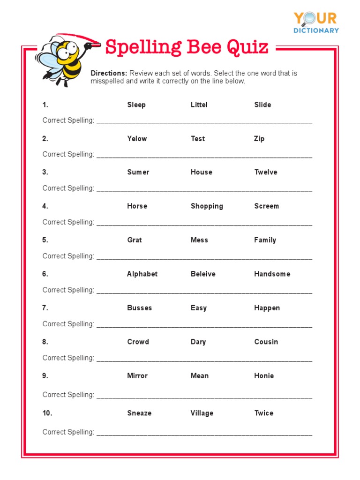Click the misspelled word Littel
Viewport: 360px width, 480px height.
pos(199,105)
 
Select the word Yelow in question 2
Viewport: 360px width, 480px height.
pos(137,138)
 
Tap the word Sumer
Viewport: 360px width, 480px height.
pos(138,172)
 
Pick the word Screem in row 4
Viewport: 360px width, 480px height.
pos(266,206)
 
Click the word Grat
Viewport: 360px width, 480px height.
pos(134,240)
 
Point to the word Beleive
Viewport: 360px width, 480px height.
pos(203,274)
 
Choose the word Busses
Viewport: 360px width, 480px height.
pos(139,307)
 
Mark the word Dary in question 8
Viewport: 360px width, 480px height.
pos(198,342)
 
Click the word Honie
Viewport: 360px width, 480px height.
pos(264,375)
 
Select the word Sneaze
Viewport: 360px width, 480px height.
pos(139,413)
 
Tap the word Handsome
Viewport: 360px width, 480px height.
pos(272,274)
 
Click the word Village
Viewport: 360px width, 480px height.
pos(202,413)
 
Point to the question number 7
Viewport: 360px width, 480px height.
pos(45,307)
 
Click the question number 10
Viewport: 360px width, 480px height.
pos(46,413)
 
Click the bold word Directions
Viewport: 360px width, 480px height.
pos(109,73)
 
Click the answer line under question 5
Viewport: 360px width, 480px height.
pos(204,257)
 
